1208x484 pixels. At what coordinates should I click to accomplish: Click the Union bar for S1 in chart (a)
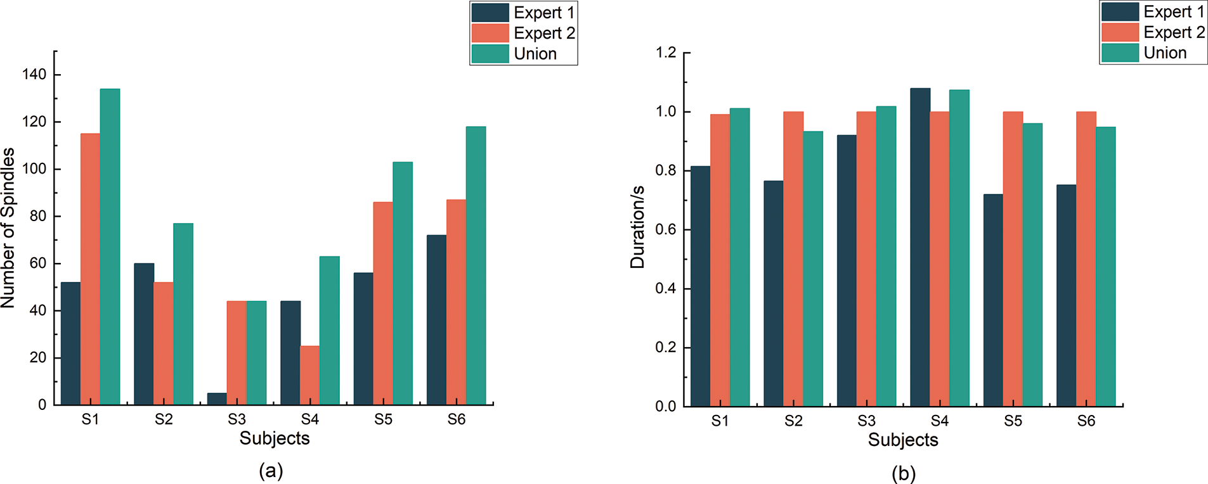[110, 247]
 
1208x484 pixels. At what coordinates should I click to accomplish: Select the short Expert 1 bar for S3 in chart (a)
[217, 399]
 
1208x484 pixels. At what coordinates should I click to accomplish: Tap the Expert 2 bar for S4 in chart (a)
[309, 375]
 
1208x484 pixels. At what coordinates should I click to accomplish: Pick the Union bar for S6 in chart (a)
[476, 266]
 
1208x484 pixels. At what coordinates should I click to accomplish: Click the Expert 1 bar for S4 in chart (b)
[920, 247]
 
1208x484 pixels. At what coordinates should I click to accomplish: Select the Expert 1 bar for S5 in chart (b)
[993, 300]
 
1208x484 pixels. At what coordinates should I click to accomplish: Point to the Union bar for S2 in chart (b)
[813, 269]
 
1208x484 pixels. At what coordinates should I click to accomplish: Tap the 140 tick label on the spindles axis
[34, 75]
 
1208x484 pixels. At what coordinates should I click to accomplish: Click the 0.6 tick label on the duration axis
[665, 230]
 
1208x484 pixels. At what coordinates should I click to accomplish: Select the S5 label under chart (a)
[383, 419]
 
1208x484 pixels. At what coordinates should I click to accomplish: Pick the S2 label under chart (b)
[793, 421]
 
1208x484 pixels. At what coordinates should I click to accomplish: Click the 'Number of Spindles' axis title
[8, 228]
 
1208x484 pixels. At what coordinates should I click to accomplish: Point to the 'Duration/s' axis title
[637, 227]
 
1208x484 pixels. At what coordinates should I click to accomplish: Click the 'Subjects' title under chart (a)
[275, 438]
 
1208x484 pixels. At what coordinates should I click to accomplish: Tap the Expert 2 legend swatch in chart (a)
[490, 33]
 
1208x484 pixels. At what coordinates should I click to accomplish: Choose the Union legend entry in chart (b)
[1164, 53]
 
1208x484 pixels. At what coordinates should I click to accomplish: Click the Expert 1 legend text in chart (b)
[1173, 12]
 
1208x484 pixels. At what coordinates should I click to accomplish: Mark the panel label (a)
[271, 471]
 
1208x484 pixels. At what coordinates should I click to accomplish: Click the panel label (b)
[903, 473]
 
